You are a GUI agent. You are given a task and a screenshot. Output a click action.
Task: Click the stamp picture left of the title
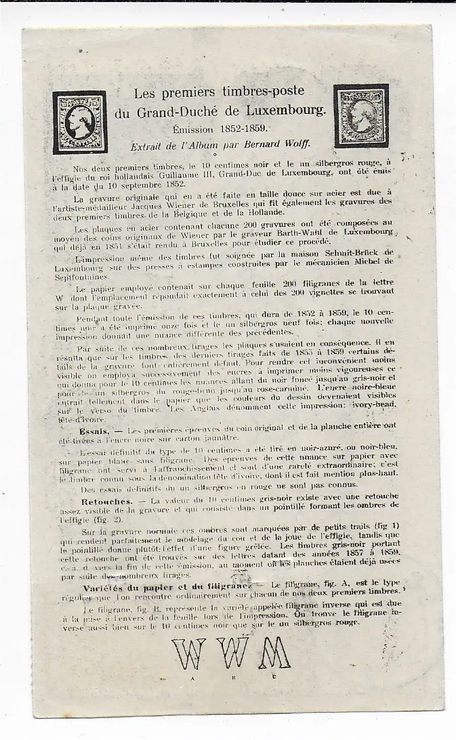pyautogui.click(x=80, y=123)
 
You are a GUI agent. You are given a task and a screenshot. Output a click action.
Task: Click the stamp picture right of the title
pyautogui.click(x=361, y=116)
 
